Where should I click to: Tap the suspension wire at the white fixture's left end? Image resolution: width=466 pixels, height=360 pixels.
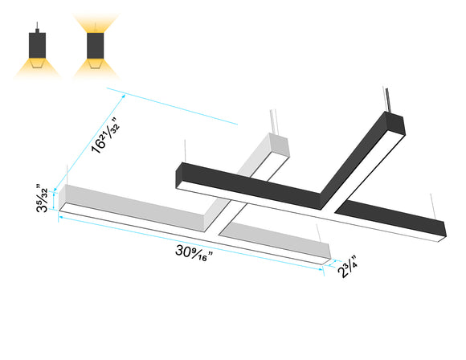click(61, 170)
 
